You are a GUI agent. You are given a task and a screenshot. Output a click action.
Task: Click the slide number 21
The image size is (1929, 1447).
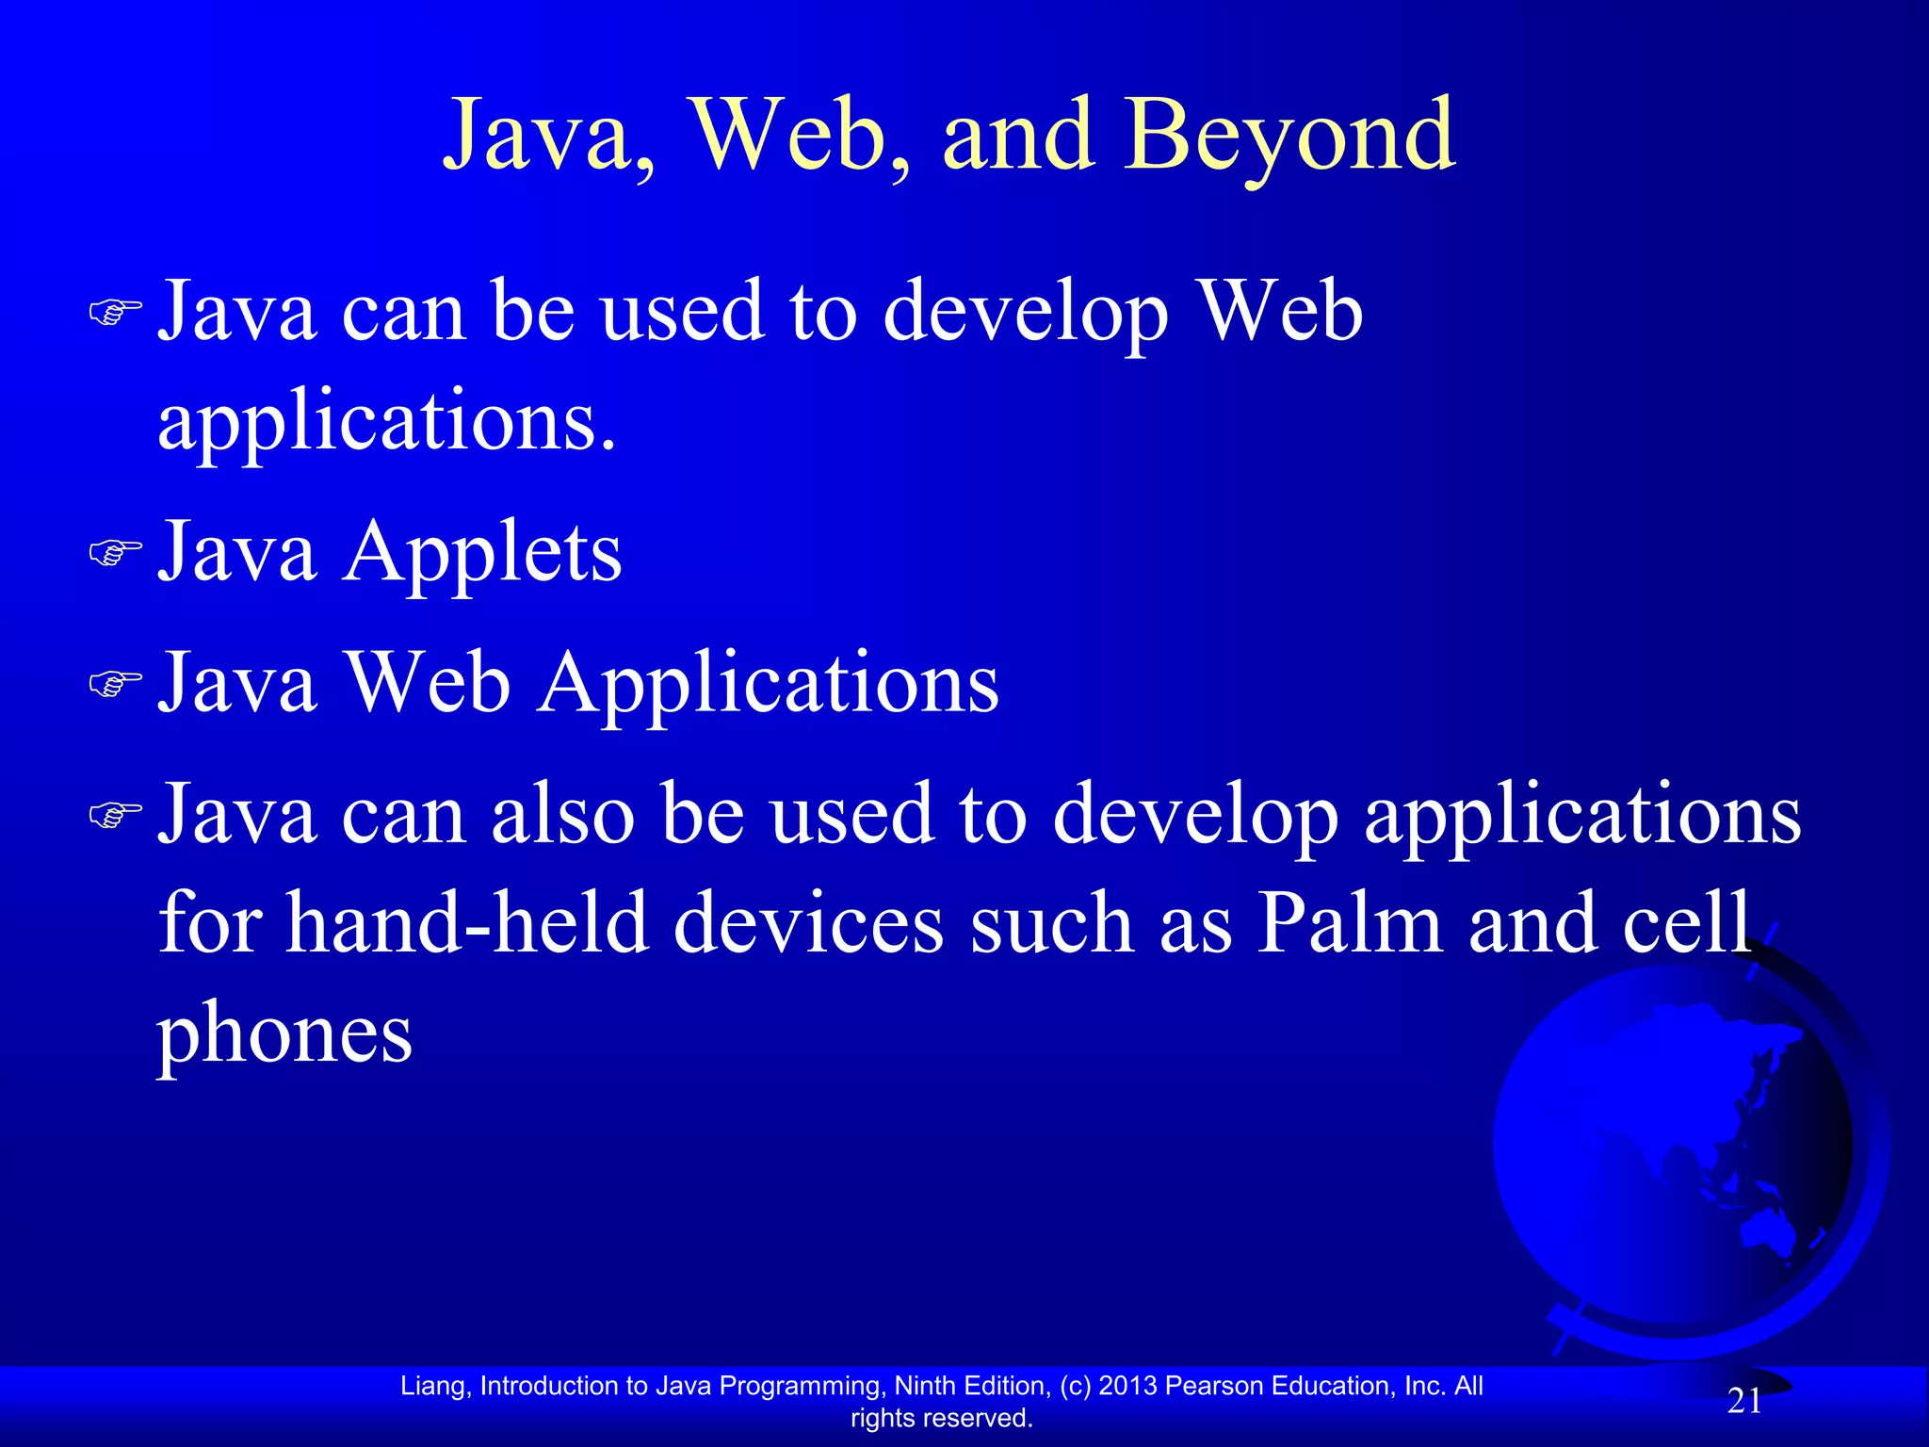(1744, 1402)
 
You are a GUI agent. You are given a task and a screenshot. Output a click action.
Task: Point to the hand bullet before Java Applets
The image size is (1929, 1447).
(115, 553)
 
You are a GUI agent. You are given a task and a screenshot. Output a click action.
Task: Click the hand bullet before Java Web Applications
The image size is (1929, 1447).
(115, 684)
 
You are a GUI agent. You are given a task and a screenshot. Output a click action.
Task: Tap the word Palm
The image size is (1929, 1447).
(1349, 924)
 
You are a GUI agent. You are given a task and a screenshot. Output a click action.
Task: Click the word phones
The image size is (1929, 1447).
(284, 1034)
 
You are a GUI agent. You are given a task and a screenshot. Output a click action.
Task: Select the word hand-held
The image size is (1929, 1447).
(467, 924)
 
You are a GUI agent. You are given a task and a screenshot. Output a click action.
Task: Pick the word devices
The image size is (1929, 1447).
(808, 924)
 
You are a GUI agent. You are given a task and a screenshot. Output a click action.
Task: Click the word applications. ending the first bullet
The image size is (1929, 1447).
(386, 422)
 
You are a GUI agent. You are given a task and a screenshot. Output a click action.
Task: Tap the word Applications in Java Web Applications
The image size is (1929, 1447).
(769, 685)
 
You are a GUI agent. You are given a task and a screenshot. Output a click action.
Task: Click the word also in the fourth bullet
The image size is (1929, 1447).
(562, 815)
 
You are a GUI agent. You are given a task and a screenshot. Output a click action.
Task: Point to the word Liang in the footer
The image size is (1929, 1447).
(431, 1386)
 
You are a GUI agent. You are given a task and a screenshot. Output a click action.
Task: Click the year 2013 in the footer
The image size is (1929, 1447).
(1127, 1386)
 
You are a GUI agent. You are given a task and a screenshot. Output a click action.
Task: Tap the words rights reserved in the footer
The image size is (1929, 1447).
(941, 1418)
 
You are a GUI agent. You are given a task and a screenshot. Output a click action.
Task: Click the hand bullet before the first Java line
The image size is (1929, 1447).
(115, 312)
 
